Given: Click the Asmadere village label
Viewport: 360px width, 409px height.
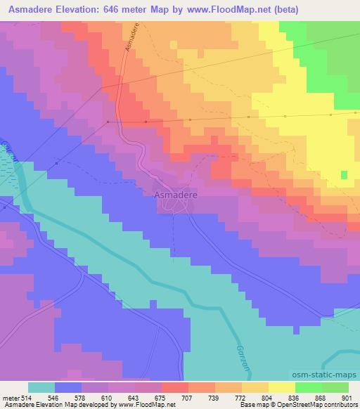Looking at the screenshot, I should tap(175, 193).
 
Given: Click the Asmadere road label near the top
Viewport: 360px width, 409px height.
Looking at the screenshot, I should tap(131, 37).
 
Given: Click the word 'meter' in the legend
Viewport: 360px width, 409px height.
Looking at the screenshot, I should tap(10, 397).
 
